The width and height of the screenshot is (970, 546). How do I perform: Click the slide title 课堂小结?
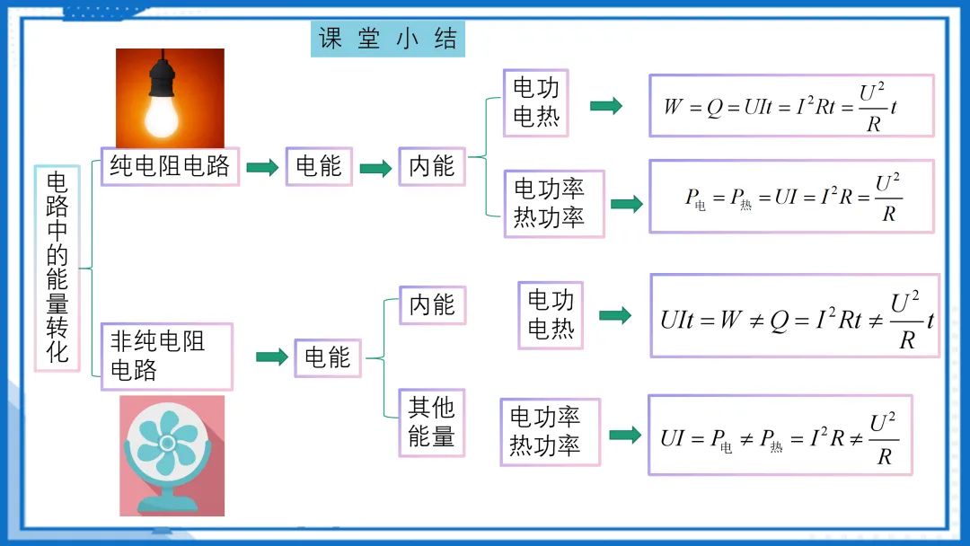(x=388, y=40)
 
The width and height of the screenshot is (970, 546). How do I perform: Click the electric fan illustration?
(x=172, y=455)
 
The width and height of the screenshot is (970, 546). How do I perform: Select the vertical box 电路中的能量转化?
(x=57, y=268)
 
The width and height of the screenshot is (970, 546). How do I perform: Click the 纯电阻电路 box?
(x=170, y=166)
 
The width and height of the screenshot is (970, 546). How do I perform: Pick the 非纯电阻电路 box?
(x=166, y=357)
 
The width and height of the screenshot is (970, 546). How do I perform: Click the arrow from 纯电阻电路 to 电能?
(x=262, y=167)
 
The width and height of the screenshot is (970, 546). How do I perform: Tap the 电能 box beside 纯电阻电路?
(x=319, y=166)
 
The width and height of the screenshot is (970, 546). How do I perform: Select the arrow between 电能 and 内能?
(x=375, y=167)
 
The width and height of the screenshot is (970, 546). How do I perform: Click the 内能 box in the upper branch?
(x=432, y=166)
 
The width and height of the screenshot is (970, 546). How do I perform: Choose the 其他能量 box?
(x=432, y=422)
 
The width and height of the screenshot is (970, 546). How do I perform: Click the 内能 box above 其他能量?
(x=432, y=305)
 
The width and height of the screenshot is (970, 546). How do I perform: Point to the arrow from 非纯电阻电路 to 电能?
(x=271, y=357)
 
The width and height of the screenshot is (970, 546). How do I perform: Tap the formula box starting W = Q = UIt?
(x=791, y=106)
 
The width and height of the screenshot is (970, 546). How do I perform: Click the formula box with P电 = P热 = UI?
(x=791, y=196)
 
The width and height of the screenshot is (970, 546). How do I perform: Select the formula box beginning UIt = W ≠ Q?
(x=795, y=316)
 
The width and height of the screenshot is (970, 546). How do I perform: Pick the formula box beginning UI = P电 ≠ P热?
(x=780, y=436)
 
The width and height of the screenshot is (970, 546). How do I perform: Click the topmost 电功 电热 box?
(x=536, y=102)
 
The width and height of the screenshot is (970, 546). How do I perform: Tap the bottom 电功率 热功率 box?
(x=550, y=432)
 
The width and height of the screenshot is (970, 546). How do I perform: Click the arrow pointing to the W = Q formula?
(x=606, y=105)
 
